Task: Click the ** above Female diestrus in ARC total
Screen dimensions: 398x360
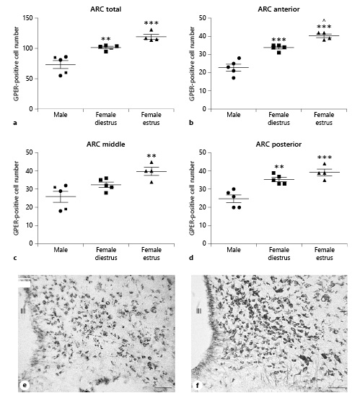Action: pyautogui.click(x=105, y=38)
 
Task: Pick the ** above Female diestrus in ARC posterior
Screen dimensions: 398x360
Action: pyautogui.click(x=278, y=167)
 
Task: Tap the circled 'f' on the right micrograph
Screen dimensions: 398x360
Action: pyautogui.click(x=197, y=385)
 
